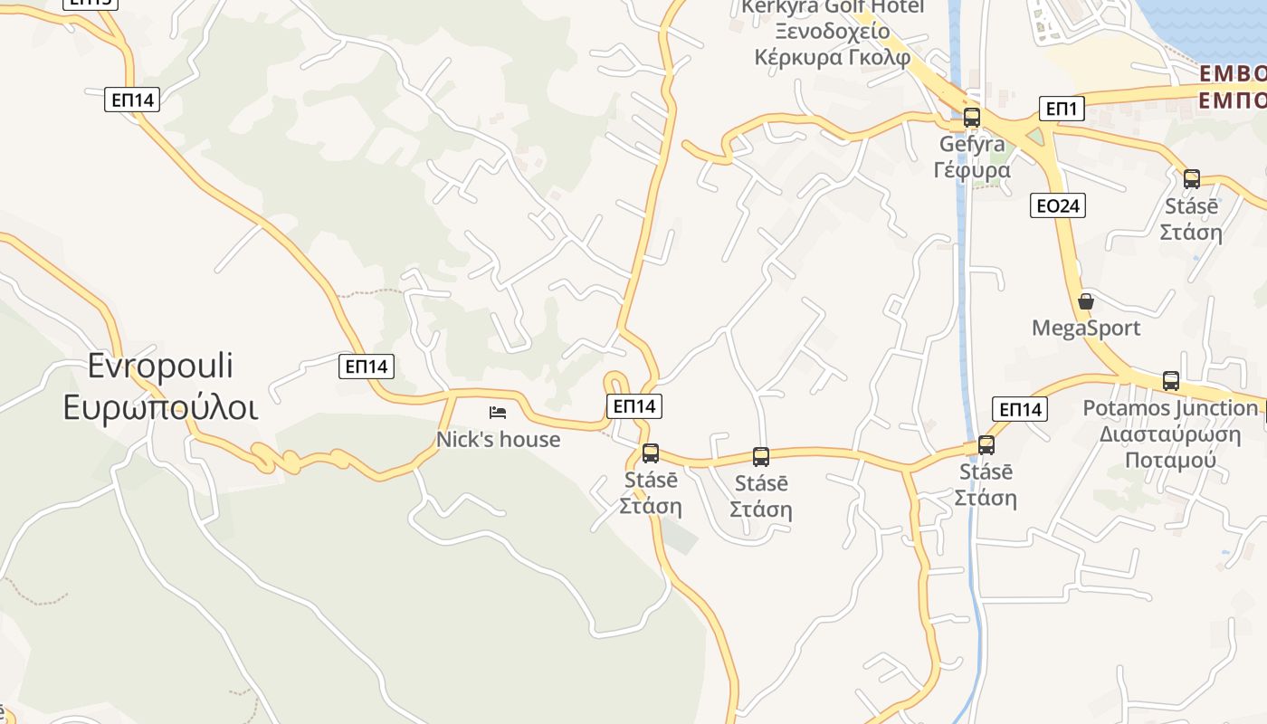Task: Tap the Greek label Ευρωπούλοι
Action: click(161, 407)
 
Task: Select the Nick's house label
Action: click(498, 440)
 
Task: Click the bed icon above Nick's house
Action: click(497, 413)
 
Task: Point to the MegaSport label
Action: click(1086, 328)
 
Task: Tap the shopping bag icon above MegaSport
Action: click(1085, 301)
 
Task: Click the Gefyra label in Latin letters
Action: click(972, 144)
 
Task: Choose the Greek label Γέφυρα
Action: click(972, 170)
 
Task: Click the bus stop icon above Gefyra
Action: click(971, 118)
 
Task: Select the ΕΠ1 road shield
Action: click(1061, 110)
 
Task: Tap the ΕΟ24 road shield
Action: click(1057, 206)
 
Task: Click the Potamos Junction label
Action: click(1170, 408)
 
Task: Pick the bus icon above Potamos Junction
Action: click(1170, 381)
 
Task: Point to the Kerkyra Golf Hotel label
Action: click(833, 7)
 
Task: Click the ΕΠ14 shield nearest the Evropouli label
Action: click(367, 367)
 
